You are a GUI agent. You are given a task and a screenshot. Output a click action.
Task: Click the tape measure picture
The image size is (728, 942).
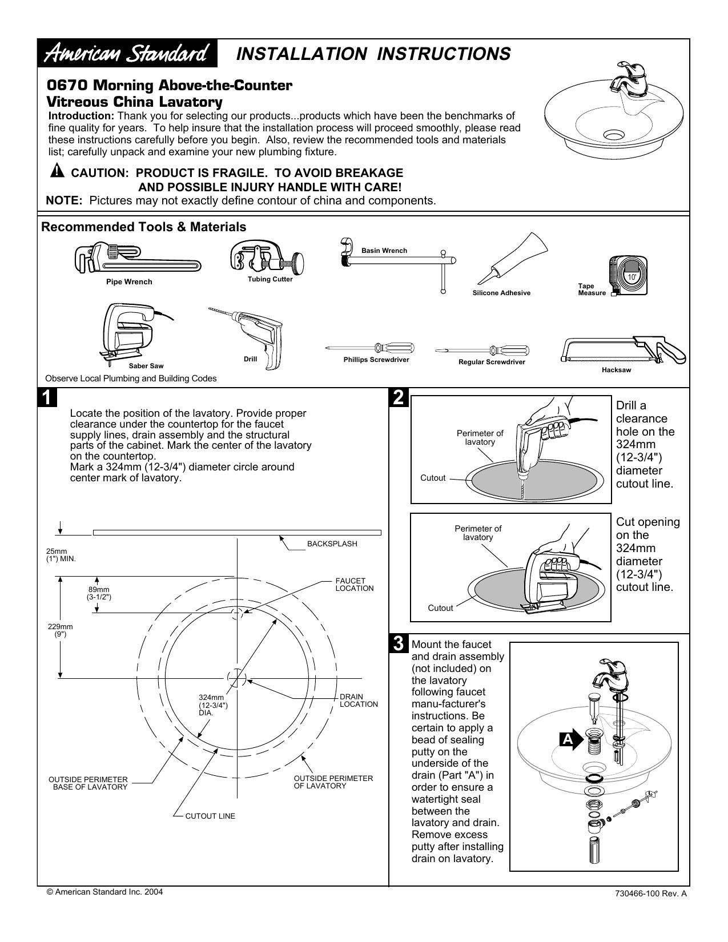tap(628, 275)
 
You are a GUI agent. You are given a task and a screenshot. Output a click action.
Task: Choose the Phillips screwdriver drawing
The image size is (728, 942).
tap(370, 347)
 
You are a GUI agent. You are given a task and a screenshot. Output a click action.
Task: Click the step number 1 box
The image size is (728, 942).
tap(47, 397)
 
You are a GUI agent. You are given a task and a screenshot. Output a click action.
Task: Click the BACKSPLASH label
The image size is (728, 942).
tap(332, 544)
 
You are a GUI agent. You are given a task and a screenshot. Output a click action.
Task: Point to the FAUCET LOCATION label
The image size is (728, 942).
tap(354, 585)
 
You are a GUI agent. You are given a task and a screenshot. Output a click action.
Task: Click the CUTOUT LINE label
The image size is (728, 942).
tap(210, 816)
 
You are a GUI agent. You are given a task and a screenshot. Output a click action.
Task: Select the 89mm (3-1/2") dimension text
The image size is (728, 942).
tap(99, 593)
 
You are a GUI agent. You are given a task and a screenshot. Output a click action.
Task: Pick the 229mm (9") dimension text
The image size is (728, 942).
tap(61, 630)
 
